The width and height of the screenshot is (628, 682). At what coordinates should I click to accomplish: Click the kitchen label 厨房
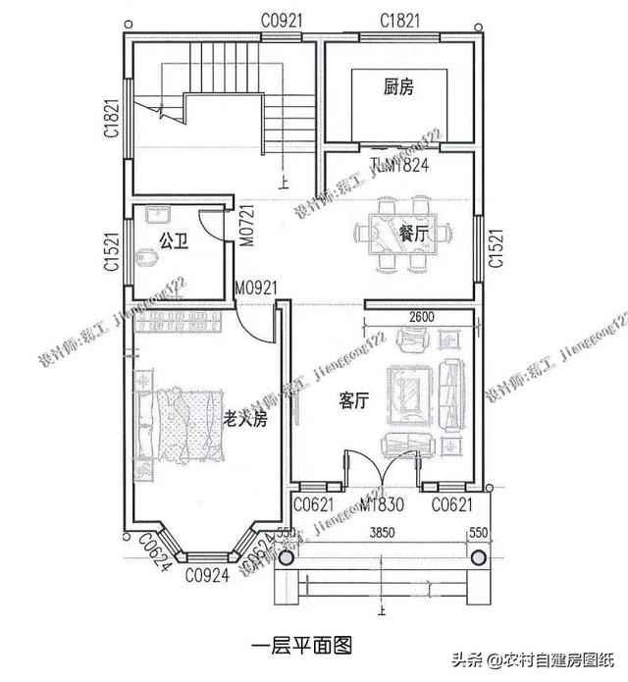[398, 87]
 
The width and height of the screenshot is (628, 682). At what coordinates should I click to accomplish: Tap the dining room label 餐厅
[413, 233]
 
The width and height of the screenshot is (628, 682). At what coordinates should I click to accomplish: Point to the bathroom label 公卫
[173, 238]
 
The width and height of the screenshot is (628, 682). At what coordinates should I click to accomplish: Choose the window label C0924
[208, 576]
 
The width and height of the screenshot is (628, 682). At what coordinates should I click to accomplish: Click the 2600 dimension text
[419, 318]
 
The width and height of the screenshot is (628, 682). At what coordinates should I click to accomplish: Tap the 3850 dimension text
[383, 534]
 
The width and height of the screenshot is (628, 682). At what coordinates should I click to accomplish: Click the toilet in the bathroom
[148, 258]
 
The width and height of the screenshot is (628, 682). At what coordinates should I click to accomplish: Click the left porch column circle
[286, 556]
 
